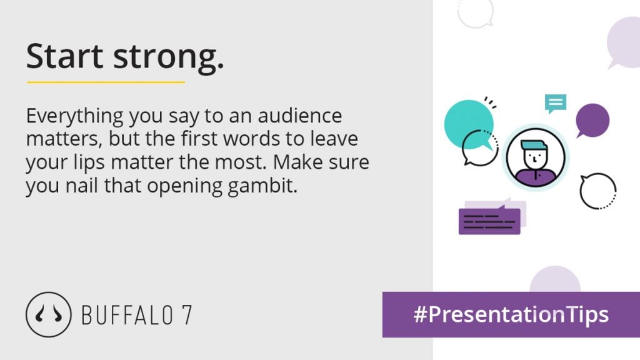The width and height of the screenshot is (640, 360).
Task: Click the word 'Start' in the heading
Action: [x=64, y=56]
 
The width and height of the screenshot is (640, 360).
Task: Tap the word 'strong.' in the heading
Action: [x=169, y=58]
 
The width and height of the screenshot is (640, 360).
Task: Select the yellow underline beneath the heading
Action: [x=106, y=82]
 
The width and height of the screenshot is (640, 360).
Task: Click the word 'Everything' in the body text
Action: [x=75, y=117]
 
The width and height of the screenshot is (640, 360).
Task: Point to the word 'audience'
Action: [x=299, y=116]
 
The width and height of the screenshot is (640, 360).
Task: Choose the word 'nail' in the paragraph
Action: [x=82, y=186]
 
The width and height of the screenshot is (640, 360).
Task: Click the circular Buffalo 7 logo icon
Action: [x=49, y=314]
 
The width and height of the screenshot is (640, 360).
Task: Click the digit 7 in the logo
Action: [x=186, y=315]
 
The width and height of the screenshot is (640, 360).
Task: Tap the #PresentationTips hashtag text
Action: [x=511, y=315]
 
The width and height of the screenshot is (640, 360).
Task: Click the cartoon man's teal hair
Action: [x=534, y=145]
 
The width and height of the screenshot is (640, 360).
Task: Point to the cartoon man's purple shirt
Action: [x=536, y=177]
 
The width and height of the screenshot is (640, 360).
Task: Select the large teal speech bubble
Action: [x=468, y=123]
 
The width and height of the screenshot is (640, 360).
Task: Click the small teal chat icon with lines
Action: [x=555, y=103]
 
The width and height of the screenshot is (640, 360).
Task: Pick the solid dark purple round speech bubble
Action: [x=592, y=121]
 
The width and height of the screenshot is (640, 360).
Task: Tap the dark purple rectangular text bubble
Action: [x=489, y=221]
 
